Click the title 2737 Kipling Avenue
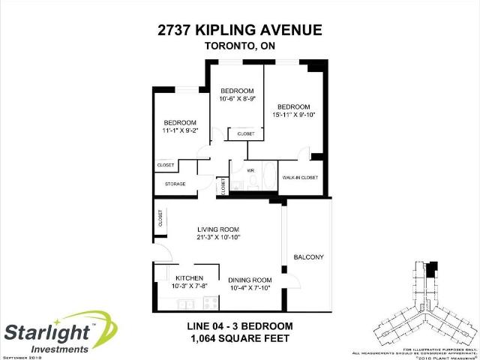pyautogui.click(x=239, y=30)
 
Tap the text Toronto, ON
pyautogui.click(x=239, y=46)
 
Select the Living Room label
pyautogui.click(x=217, y=229)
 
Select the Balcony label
pyautogui.click(x=308, y=257)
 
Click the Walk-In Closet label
pyautogui.click(x=300, y=177)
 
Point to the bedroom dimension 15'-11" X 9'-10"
pyautogui.click(x=295, y=115)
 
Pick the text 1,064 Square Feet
pyautogui.click(x=239, y=339)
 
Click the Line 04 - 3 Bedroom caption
pyautogui.click(x=239, y=326)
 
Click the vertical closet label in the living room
pyautogui.click(x=160, y=218)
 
